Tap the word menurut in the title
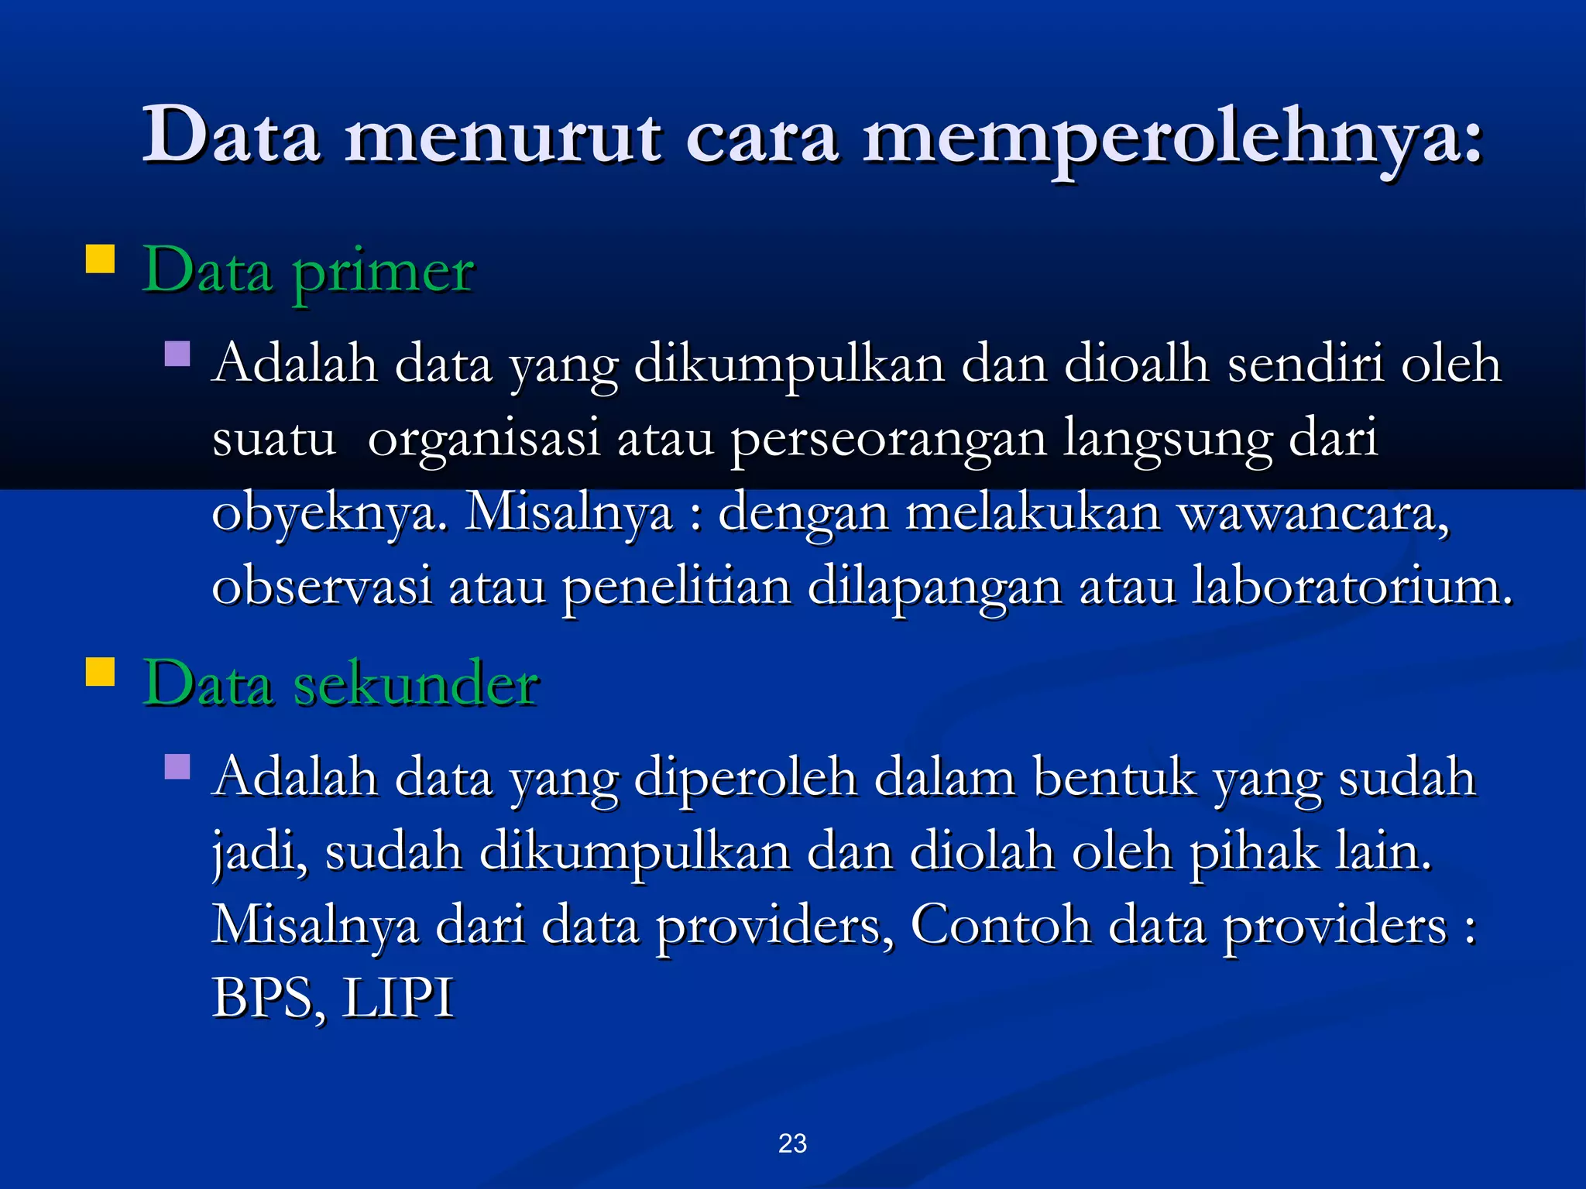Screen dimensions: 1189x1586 click(503, 138)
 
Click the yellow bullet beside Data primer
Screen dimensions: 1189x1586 click(100, 259)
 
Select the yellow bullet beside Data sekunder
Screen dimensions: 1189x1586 click(100, 671)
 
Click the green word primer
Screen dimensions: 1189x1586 click(383, 272)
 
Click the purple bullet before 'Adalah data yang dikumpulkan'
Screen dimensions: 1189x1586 click(177, 355)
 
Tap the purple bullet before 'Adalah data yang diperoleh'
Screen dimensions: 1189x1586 click(177, 766)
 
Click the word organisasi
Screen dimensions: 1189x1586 click(484, 438)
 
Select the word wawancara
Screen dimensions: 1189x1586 click(1313, 512)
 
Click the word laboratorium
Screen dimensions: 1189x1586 click(1351, 586)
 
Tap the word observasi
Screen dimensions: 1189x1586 click(321, 586)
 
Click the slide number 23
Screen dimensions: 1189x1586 click(792, 1143)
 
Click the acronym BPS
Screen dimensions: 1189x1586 click(263, 998)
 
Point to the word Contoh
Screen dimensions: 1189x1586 click(1000, 924)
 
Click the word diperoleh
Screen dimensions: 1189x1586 click(745, 777)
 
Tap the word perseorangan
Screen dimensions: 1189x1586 click(888, 438)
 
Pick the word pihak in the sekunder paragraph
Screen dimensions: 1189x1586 click(1254, 851)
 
